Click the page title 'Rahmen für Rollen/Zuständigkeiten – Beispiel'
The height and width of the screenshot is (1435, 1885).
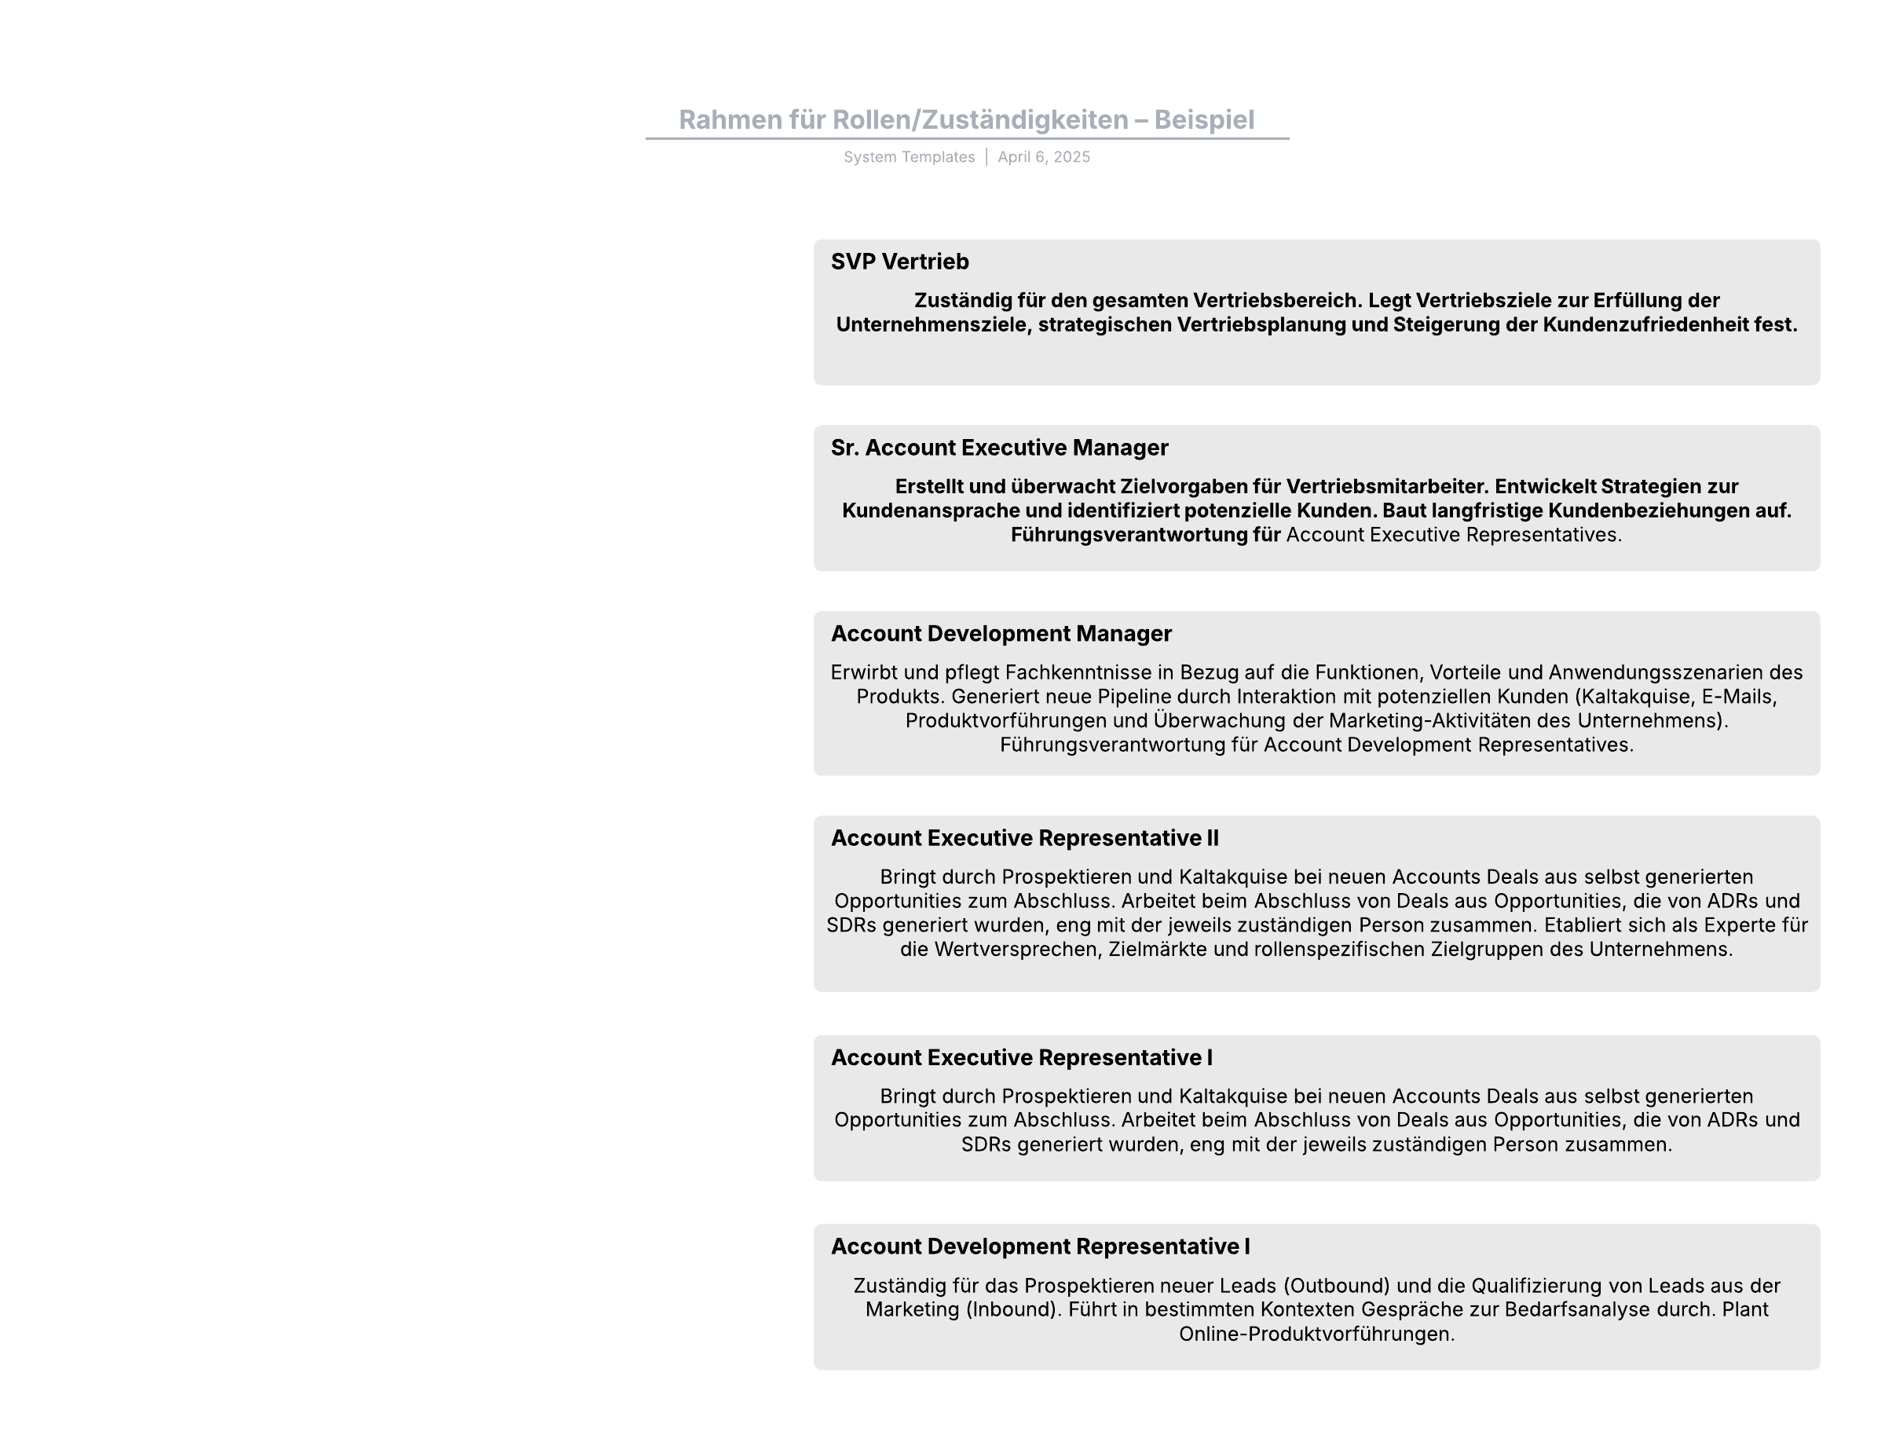tap(966, 119)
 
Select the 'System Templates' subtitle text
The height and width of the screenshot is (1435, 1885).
tap(909, 157)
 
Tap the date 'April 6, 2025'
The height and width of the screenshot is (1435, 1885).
tap(1044, 157)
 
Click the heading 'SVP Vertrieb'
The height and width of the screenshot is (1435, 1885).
tap(899, 262)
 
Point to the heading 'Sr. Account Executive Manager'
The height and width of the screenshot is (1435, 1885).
tap(999, 448)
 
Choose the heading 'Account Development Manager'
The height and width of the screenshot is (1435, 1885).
tap(1001, 634)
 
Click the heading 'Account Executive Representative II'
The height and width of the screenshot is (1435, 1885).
tap(1024, 838)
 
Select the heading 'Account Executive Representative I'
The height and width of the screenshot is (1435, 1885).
tap(1022, 1057)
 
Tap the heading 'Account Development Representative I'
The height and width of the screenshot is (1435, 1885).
tap(1041, 1246)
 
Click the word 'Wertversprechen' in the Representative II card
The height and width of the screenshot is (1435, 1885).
tap(1015, 950)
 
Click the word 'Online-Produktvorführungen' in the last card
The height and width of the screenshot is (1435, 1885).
tap(1316, 1334)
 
